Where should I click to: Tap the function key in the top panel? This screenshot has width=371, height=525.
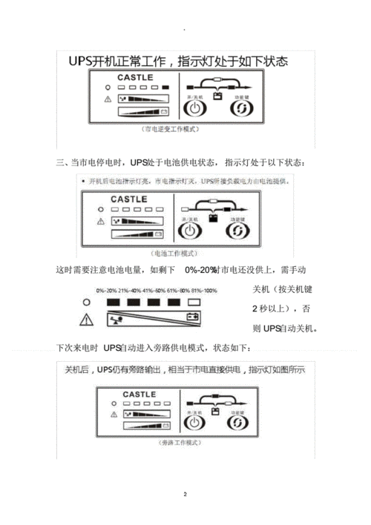click(x=241, y=109)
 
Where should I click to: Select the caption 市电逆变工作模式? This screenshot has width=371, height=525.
click(x=174, y=130)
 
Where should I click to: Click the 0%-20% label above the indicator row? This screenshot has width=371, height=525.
click(x=108, y=291)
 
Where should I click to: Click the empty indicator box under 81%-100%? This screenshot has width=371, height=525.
click(x=195, y=303)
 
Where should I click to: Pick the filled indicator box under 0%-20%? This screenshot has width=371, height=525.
click(x=114, y=303)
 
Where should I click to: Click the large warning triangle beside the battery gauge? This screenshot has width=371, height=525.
click(x=87, y=320)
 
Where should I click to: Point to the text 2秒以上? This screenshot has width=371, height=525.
click(x=270, y=309)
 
